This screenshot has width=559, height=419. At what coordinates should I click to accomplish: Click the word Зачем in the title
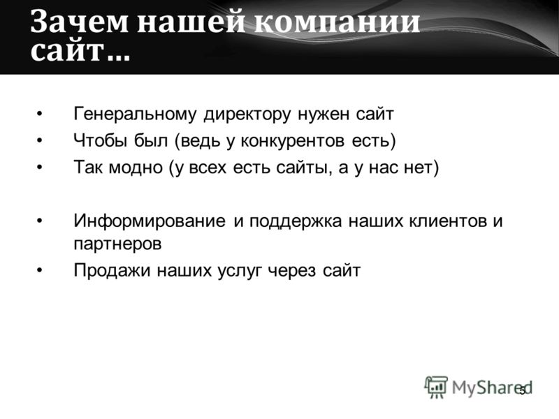tap(79, 22)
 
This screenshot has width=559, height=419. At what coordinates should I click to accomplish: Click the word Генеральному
tap(135, 114)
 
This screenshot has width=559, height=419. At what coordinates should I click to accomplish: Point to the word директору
tap(247, 115)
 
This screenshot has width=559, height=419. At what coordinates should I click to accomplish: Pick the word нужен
tap(324, 115)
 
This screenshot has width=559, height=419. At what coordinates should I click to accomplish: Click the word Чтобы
tap(100, 140)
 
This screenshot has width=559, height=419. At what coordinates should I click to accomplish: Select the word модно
tap(136, 168)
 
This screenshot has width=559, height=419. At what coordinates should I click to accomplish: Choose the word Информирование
tap(150, 221)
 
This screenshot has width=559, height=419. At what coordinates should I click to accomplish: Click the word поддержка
tap(296, 221)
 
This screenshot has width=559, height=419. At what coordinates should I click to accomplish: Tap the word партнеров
tap(117, 244)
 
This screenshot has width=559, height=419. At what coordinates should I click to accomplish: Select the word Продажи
tap(112, 270)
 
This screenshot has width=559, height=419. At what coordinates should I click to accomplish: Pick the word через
tap(291, 271)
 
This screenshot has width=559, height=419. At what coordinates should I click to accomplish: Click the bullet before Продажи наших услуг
tap(40, 270)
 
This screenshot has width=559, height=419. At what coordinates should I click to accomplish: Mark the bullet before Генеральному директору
tap(40, 114)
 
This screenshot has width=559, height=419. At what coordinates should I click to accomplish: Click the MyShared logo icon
tap(435, 387)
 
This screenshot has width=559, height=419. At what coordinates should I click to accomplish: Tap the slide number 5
tap(523, 390)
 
